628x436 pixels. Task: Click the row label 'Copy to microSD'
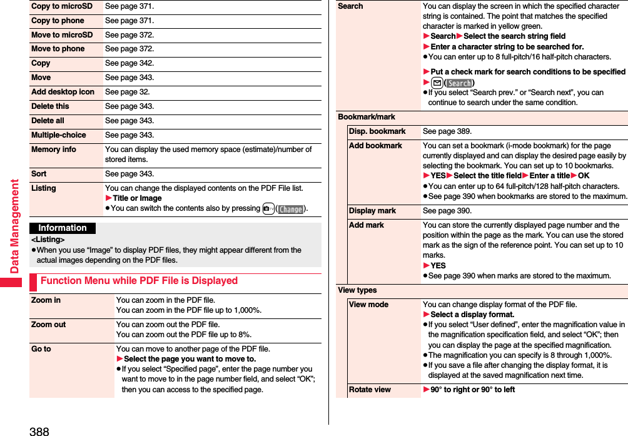click(x=61, y=6)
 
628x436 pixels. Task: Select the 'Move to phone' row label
click(x=58, y=49)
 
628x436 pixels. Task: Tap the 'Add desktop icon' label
click(x=63, y=92)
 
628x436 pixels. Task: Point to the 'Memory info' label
click(x=54, y=150)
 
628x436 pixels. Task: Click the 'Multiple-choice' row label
click(x=59, y=135)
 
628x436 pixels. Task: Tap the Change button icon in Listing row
click(x=291, y=209)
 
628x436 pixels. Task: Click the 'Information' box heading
click(x=63, y=228)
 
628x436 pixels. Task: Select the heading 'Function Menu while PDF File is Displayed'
click(x=139, y=281)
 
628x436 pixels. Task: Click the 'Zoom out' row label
click(x=48, y=325)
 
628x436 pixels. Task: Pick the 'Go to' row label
click(x=41, y=349)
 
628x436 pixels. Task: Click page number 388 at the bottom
click(x=39, y=430)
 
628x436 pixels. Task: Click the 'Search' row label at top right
click(x=350, y=6)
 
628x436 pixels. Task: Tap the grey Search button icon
click(x=460, y=83)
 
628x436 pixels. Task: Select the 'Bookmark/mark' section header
click(x=367, y=117)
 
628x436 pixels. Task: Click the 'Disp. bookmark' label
click(x=377, y=131)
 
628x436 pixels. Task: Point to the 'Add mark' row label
click(x=367, y=225)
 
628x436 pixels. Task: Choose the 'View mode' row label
click(x=368, y=305)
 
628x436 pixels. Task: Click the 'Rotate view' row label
click(x=370, y=390)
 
